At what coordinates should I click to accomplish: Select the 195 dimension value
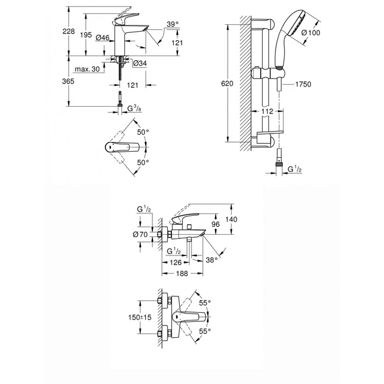pos(87,36)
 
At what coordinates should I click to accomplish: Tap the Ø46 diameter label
pos(103,38)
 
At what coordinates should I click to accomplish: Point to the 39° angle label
pos(173,24)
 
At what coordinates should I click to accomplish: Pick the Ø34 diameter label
pos(138,63)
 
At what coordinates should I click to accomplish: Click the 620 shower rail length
pos(227,84)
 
